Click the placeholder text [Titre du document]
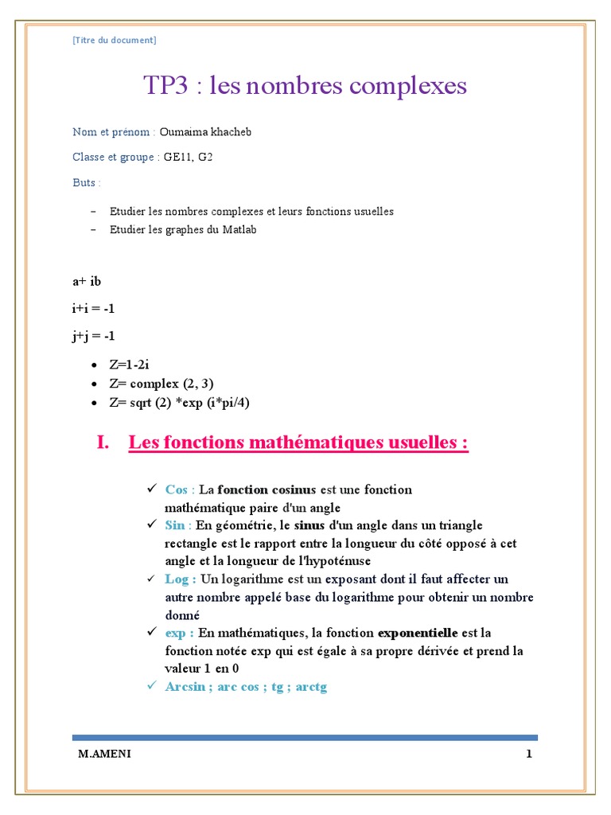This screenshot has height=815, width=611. [115, 40]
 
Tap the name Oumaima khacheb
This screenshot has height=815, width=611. [205, 132]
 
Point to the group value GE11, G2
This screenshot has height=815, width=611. [189, 158]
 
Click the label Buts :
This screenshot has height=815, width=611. [87, 183]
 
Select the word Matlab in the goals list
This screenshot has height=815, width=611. [240, 230]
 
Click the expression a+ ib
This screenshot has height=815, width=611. [87, 281]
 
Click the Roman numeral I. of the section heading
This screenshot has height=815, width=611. [103, 443]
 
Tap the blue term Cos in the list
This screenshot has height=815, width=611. [176, 489]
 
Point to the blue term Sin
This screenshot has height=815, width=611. [174, 525]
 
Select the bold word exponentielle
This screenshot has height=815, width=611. [417, 633]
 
